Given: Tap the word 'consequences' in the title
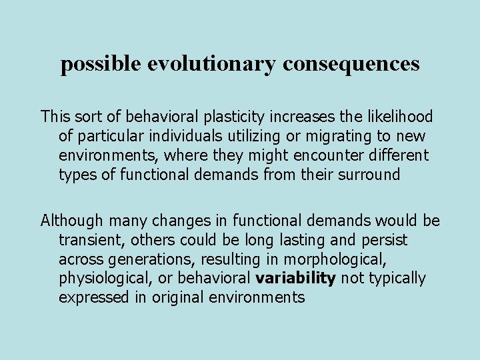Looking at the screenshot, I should click(351, 64).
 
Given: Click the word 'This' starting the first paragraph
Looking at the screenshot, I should click(56, 117).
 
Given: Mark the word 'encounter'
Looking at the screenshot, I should click(311, 155).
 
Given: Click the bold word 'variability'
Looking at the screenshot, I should click(295, 278).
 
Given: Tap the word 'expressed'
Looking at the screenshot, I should click(93, 297).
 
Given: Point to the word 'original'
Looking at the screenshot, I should click(173, 297).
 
